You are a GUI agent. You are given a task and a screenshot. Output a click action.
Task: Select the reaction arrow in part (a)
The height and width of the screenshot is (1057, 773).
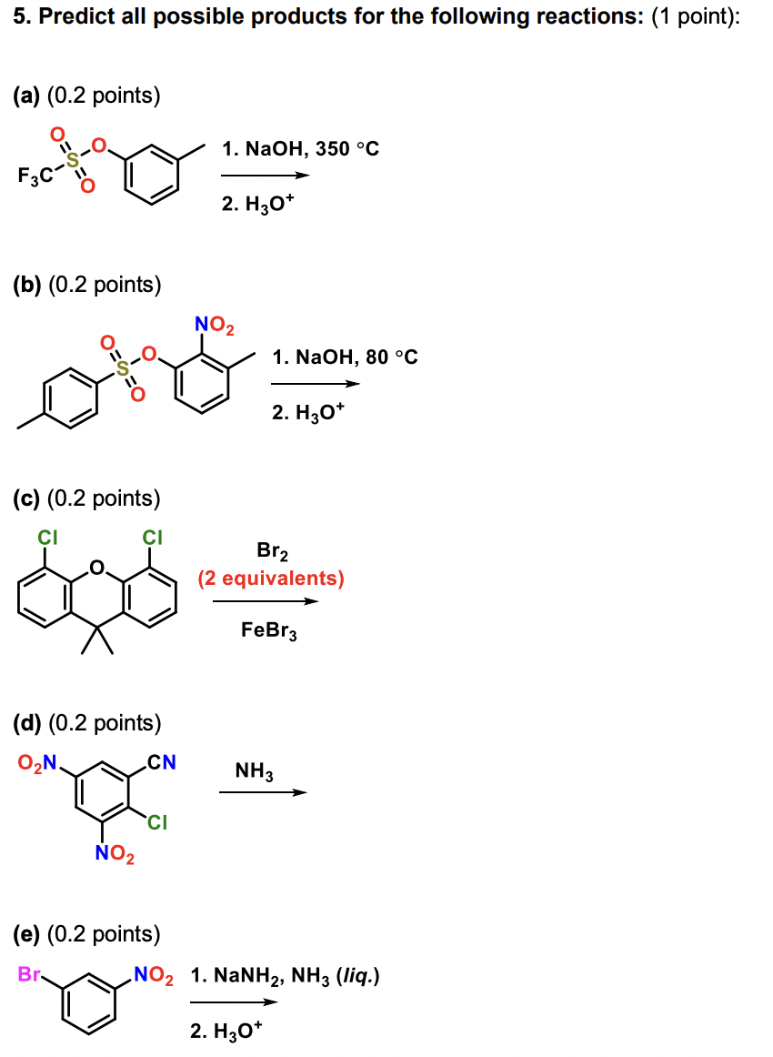point(265,176)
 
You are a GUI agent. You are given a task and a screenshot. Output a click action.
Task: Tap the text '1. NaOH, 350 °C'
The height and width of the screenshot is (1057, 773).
point(300,148)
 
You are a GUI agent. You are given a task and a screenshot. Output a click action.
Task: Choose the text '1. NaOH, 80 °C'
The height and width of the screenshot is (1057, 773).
point(346,357)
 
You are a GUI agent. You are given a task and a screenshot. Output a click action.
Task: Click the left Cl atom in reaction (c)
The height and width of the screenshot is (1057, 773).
point(46,538)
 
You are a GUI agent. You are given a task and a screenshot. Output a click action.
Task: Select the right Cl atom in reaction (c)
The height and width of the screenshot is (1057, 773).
point(153,538)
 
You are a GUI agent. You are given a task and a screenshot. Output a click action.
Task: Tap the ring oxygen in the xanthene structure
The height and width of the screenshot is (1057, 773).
point(99,570)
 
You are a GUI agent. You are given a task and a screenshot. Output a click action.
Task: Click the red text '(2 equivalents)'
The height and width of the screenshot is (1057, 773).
point(271,579)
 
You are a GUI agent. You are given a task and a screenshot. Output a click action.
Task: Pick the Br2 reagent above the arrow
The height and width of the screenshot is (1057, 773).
point(271,551)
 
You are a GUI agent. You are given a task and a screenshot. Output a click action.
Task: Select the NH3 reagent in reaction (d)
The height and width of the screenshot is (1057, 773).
point(255,772)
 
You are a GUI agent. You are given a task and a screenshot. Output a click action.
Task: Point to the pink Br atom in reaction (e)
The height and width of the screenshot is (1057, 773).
point(30,974)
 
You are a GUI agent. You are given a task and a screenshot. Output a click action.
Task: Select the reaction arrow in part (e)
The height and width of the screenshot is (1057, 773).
point(233,1002)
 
